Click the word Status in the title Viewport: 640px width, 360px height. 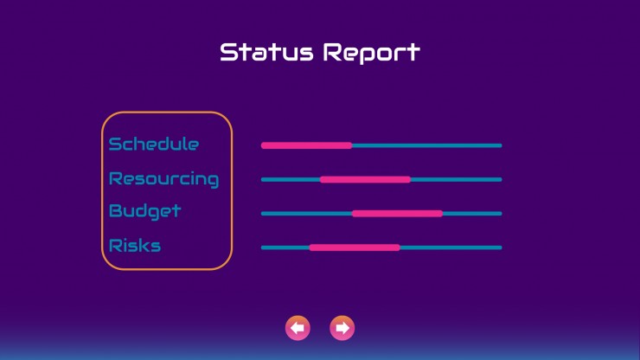(x=266, y=52)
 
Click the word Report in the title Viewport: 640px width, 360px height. (x=371, y=53)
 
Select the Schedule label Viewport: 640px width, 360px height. (x=154, y=144)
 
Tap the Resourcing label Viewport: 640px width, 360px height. (x=163, y=179)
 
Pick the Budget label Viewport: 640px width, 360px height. (x=145, y=211)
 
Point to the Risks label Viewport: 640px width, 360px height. (x=135, y=246)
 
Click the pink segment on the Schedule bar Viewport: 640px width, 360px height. (x=306, y=145)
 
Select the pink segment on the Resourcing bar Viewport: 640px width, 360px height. (x=365, y=179)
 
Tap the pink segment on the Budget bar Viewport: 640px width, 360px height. (x=397, y=213)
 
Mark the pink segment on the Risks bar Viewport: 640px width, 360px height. (x=355, y=247)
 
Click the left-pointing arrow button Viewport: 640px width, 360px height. (x=298, y=328)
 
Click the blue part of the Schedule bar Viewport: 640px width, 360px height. (x=427, y=145)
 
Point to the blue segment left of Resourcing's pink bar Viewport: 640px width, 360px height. (x=291, y=179)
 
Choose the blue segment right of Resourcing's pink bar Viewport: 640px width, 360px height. (x=457, y=179)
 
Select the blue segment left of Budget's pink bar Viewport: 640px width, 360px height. (x=306, y=213)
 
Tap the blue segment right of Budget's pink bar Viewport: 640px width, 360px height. (x=472, y=213)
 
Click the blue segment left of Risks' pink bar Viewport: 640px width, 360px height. (x=285, y=247)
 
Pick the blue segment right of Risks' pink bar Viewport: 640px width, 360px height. (x=451, y=247)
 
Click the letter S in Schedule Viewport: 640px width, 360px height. (x=115, y=144)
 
